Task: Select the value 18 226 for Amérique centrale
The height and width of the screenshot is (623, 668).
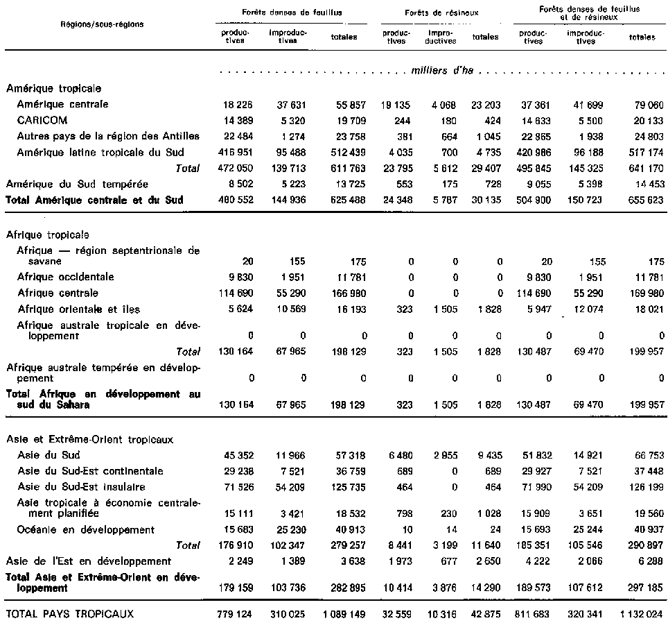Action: [237, 105]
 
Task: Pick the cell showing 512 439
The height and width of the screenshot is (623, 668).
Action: [342, 152]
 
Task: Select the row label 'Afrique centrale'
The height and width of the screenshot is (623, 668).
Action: [58, 293]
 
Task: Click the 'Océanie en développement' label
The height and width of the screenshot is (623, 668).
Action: [86, 529]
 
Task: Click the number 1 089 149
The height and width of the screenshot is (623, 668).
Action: [338, 614]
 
